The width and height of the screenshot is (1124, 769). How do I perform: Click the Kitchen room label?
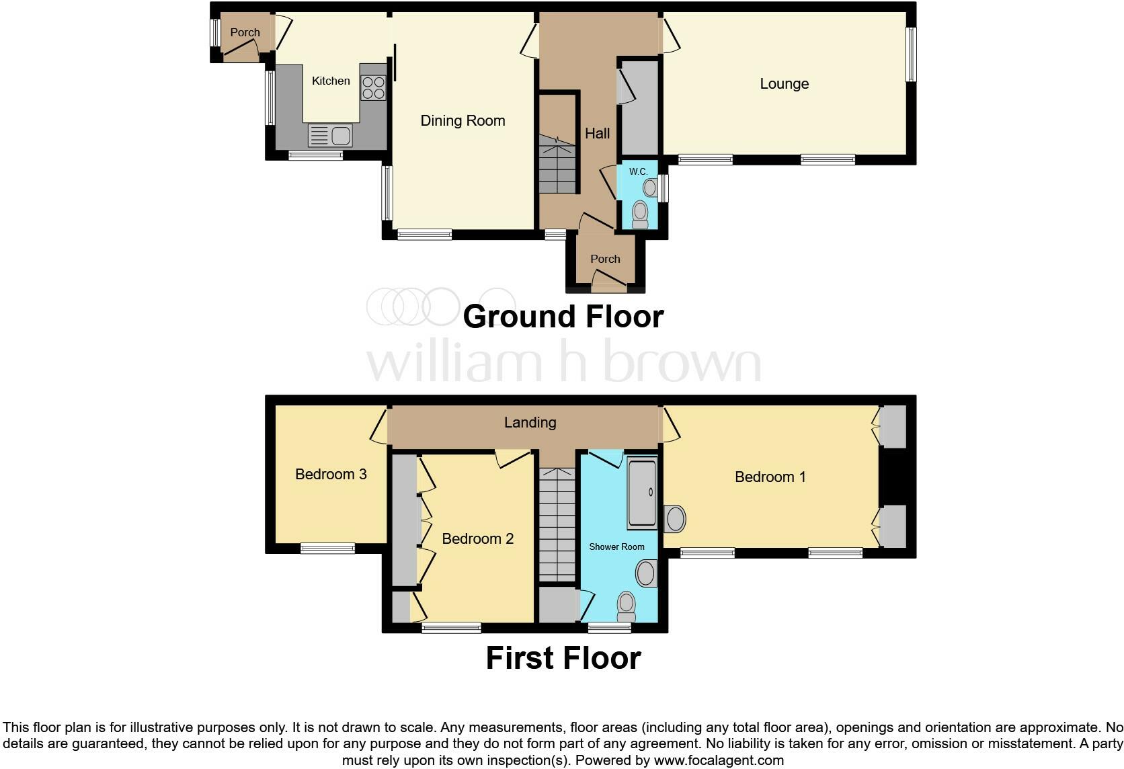coord(331,81)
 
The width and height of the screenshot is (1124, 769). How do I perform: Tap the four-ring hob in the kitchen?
coord(373,87)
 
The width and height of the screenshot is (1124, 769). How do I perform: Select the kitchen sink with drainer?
coord(330,136)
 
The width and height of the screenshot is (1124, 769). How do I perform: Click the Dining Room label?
coord(463,121)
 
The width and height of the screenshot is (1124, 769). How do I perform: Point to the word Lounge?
coord(784,84)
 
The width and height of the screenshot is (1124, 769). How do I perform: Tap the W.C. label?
coord(638,171)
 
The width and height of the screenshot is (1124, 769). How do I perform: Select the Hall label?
coord(597,134)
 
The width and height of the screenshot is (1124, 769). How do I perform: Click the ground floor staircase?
coord(557,165)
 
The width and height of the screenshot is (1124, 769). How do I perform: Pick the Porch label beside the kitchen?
coord(245,32)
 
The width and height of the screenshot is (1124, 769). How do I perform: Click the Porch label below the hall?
coord(605,259)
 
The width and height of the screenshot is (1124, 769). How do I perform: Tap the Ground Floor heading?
coord(563,317)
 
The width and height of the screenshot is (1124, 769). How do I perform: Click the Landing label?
coord(530,422)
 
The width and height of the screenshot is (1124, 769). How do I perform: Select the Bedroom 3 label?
coord(331,475)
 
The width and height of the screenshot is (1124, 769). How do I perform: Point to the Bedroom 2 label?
coord(477,538)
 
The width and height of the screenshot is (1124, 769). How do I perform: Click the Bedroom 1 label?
coord(770,477)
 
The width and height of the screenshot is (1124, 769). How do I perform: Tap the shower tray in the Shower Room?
coord(642,493)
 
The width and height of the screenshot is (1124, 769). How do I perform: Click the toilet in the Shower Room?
coord(626,606)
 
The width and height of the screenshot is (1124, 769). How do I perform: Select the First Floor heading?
coord(563,658)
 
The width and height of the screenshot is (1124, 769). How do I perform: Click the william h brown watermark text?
coord(563,363)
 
